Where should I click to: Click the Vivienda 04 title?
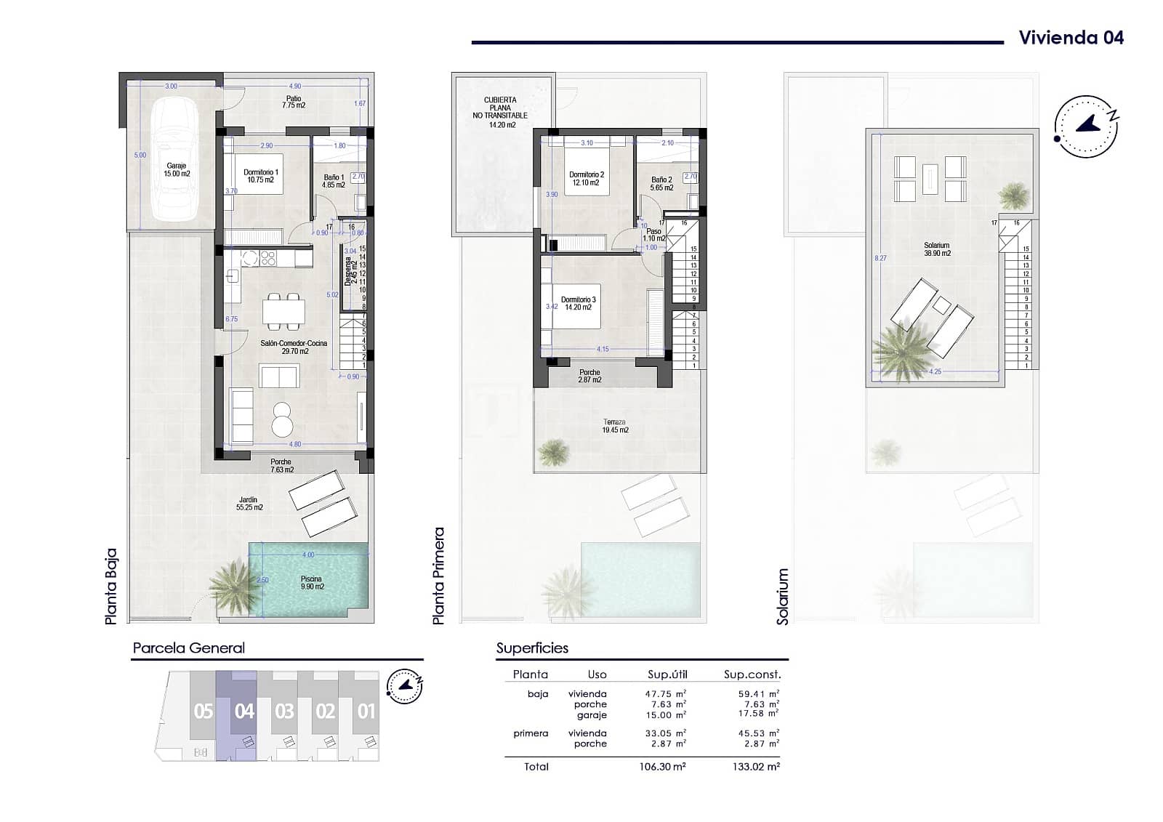pos(1071,38)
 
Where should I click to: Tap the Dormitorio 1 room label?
pos(261,176)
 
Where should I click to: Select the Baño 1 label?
pos(333,181)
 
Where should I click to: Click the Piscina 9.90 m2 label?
pos(311,583)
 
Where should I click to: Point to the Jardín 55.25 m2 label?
pos(249,503)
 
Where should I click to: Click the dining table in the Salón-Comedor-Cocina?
pos(283,311)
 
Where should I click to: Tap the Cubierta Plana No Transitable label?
pos(500,112)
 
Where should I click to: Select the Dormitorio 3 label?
pos(579,303)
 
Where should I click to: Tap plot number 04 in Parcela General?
pos(244,711)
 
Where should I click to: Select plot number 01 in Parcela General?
pos(366,711)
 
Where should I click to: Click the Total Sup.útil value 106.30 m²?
pos(667,766)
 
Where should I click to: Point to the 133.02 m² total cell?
pos(758,766)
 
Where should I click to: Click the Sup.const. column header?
pos(752,674)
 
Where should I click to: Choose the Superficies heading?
pos(532,648)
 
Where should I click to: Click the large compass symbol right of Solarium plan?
pos(1086,126)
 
